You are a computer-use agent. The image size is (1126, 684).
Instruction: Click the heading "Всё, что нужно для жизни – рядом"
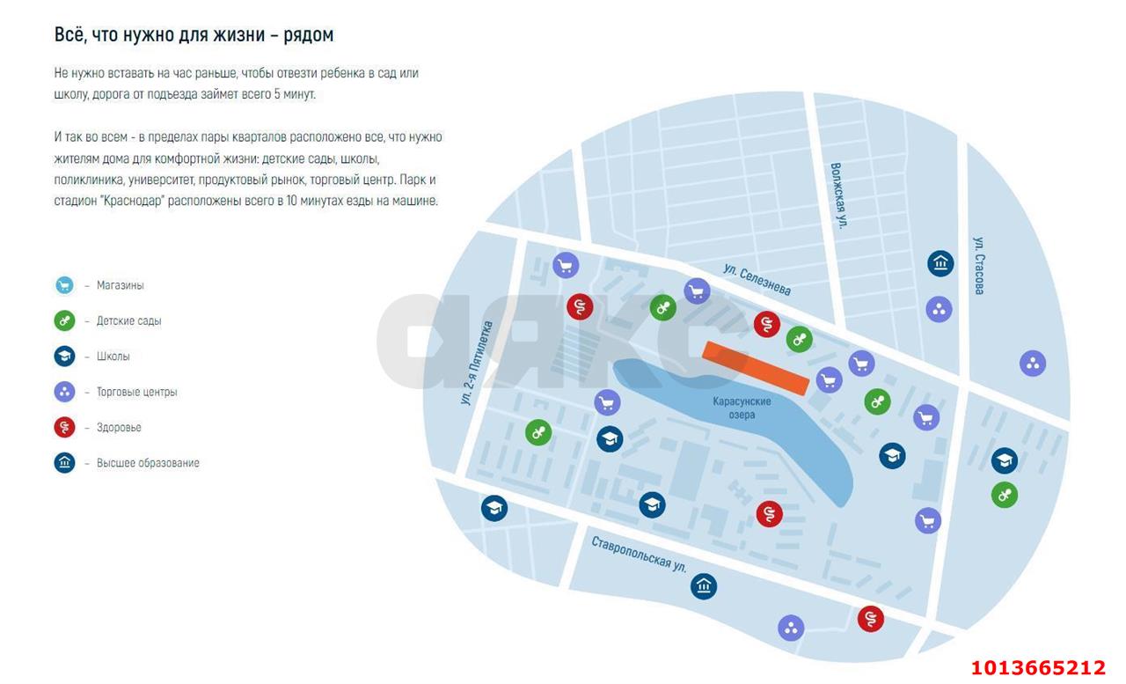coord(194,35)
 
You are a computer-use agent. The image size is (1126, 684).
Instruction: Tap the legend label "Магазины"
coord(120,286)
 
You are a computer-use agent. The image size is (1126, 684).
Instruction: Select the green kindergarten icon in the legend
coord(64,321)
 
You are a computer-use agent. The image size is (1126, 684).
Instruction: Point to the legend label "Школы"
coord(113,357)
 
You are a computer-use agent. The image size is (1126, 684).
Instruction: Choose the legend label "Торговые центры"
coord(136,392)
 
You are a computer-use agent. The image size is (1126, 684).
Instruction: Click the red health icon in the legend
coord(64,428)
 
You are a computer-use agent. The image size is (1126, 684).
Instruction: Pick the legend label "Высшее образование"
coord(148,463)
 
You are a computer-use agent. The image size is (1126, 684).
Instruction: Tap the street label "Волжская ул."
coord(839,195)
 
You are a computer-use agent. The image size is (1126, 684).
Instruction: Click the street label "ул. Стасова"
coord(979,265)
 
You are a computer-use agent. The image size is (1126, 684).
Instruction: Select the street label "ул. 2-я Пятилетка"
coord(477,363)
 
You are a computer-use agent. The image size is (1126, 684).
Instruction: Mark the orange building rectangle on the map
coord(755,367)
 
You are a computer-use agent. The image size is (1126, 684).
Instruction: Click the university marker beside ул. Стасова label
coord(940,263)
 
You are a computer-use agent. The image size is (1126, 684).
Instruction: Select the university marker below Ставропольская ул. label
coord(704,586)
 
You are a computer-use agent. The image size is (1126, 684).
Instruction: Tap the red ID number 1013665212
coord(1037,667)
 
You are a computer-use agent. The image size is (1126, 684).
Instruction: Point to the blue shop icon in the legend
coord(64,285)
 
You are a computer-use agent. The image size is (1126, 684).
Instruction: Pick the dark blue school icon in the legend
coord(64,357)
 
